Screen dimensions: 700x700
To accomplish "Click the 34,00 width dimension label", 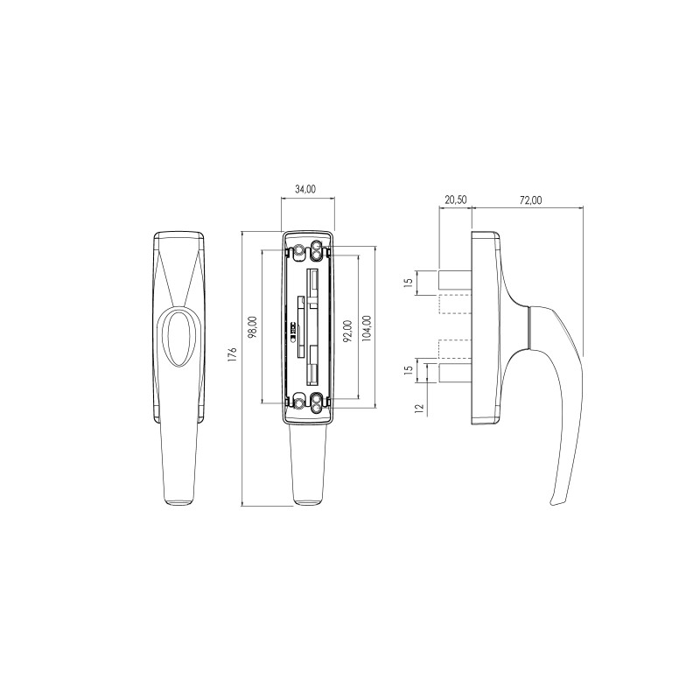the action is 305,189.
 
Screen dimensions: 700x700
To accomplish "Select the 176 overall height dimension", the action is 232,353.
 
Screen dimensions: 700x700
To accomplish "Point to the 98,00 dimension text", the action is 253,326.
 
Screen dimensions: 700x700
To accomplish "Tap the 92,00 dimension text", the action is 348,331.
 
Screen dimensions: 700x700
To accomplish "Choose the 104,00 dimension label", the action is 367,329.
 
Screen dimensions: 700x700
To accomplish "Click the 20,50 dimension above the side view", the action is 455,199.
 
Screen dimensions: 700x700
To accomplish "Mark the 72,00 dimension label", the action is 531,200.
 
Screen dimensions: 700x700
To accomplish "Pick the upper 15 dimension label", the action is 408,283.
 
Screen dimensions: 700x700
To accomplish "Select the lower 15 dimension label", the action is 408,369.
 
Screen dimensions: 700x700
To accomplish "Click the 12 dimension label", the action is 419,408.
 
